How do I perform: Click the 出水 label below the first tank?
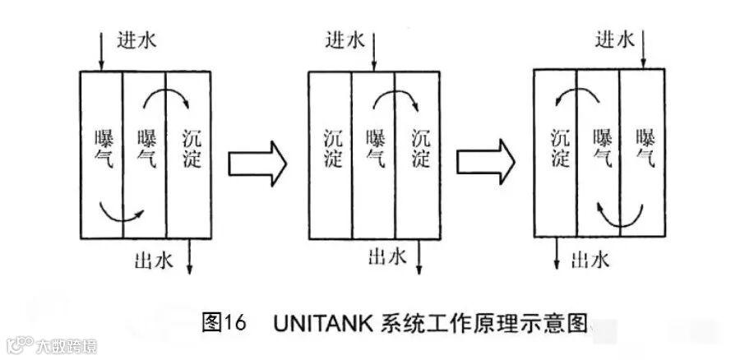pyautogui.click(x=153, y=261)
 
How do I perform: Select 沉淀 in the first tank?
pyautogui.click(x=191, y=148)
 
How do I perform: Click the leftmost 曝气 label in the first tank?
pyautogui.click(x=103, y=148)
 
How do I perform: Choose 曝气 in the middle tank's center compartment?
pyautogui.click(x=375, y=148)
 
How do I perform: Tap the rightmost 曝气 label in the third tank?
pyautogui.click(x=646, y=148)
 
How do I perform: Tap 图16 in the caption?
pyautogui.click(x=224, y=323)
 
